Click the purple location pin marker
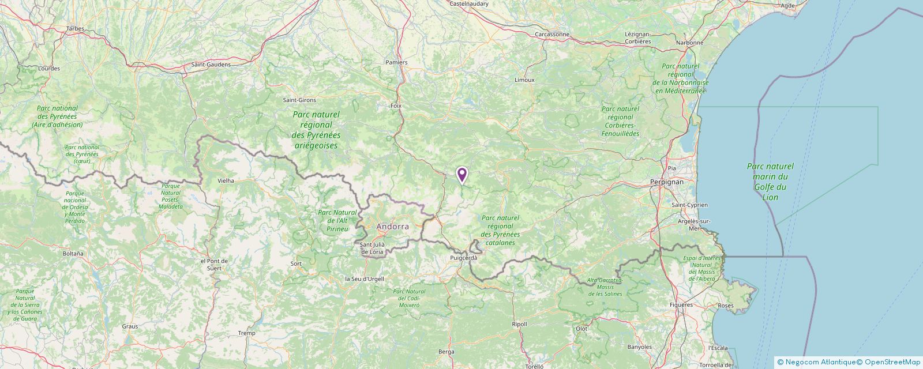click(x=461, y=175)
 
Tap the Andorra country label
click(x=392, y=227)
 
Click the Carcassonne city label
click(x=552, y=34)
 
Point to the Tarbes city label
click(x=75, y=28)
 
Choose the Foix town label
click(x=396, y=106)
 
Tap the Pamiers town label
click(x=396, y=62)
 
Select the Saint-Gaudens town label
click(x=211, y=65)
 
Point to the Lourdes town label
click(x=48, y=68)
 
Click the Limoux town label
click(x=524, y=80)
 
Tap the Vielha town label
click(x=226, y=180)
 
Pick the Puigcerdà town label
click(x=464, y=258)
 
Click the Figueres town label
click(x=681, y=304)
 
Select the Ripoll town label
click(x=519, y=324)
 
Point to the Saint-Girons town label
click(x=299, y=100)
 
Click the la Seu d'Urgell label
click(x=364, y=279)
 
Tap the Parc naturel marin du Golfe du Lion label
click(x=770, y=182)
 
